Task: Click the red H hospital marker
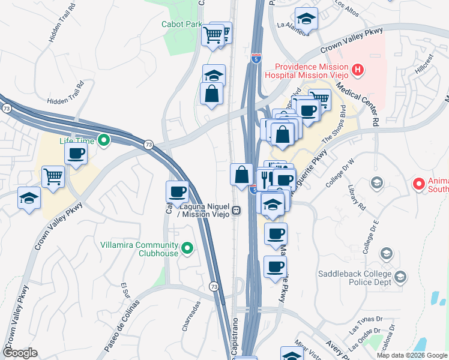coord(358,71)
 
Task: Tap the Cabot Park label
coord(181,25)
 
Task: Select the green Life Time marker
coord(103,141)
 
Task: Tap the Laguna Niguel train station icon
coord(238,211)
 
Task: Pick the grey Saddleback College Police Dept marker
coord(400,277)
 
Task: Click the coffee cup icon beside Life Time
coord(76,154)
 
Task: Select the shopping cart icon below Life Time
coord(53,177)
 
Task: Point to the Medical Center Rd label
coord(360,103)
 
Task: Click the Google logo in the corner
coord(20,353)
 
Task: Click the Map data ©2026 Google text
coord(412,355)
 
